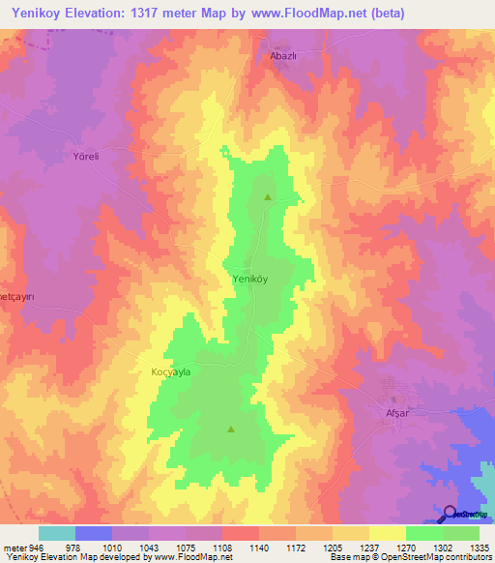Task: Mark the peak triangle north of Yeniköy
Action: point(268,197)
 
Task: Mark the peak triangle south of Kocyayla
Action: point(230,429)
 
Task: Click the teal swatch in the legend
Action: point(56,533)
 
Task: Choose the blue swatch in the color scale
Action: point(93,533)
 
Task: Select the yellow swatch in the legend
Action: point(387,533)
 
